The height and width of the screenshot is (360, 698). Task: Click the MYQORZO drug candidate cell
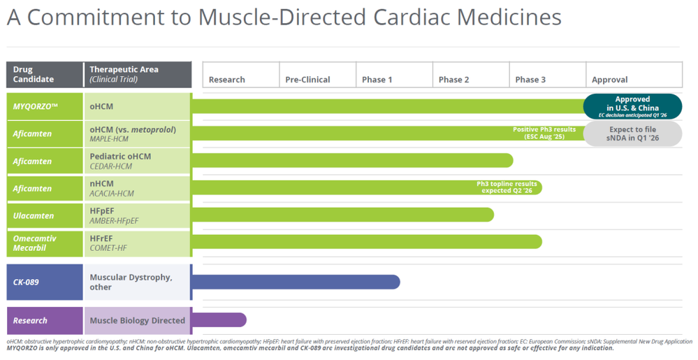[45, 106]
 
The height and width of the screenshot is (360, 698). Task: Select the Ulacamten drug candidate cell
[45, 215]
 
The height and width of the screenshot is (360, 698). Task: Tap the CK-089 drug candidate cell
[45, 282]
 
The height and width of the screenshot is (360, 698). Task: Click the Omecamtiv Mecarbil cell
[45, 243]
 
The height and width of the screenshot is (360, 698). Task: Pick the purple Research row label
[45, 320]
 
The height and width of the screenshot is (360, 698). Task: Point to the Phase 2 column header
[471, 75]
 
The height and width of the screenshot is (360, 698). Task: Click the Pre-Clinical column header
[318, 75]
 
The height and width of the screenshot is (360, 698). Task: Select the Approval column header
[634, 75]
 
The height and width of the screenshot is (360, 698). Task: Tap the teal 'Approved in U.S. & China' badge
[632, 106]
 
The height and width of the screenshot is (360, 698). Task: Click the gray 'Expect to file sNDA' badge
[632, 134]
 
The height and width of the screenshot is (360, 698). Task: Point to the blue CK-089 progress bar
[296, 282]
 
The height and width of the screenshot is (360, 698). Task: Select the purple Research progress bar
[219, 320]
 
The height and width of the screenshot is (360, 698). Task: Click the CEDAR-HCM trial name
[111, 166]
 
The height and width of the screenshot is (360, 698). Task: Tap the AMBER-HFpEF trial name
[114, 221]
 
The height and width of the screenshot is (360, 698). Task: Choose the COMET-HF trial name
[108, 248]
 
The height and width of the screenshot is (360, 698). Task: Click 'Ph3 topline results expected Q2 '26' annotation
[507, 187]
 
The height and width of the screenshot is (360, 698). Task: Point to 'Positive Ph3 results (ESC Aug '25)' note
[544, 134]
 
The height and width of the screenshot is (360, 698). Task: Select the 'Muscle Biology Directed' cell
[137, 320]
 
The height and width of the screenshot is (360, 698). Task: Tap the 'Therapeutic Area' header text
[124, 69]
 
